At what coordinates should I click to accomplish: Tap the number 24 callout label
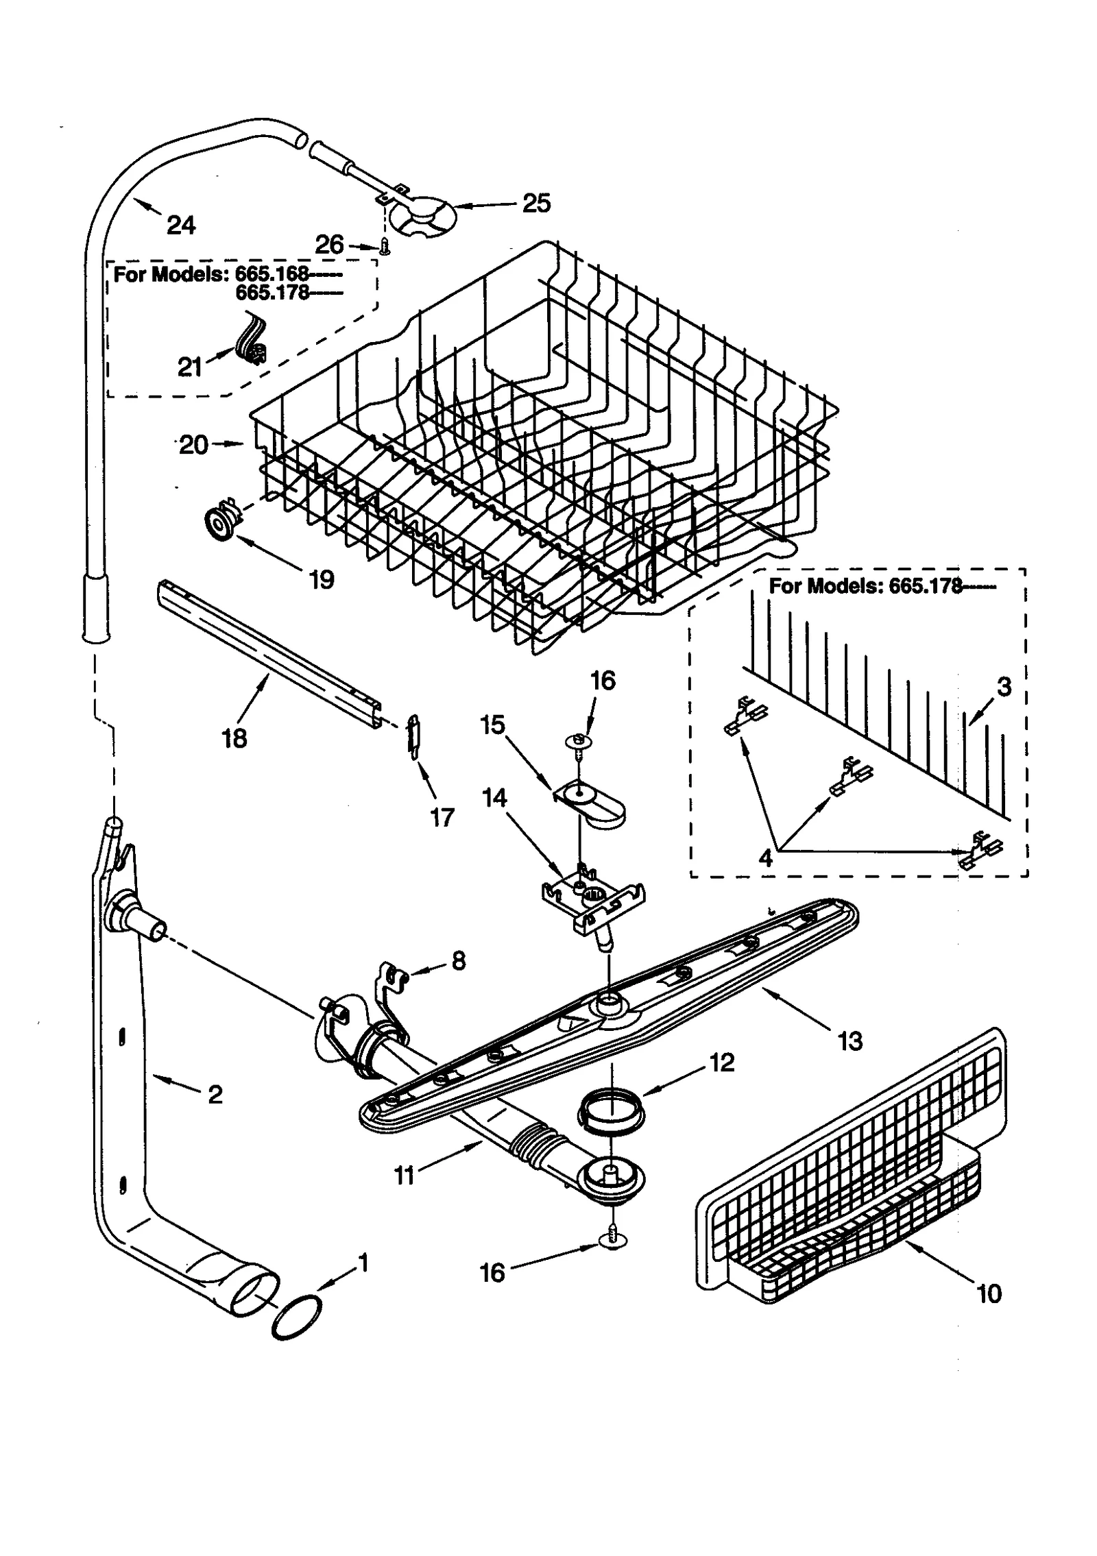click(x=181, y=225)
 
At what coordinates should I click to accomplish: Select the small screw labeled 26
click(x=385, y=246)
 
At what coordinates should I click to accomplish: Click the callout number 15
click(x=493, y=725)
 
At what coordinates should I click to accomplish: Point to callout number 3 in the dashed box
click(x=1004, y=686)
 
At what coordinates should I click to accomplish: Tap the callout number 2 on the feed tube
click(x=215, y=1095)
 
